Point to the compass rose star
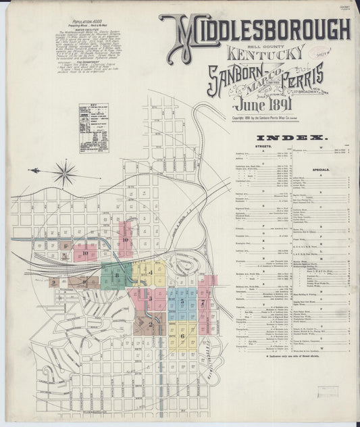tap(65, 173)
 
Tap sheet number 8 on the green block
tap(117, 274)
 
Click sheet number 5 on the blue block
tap(182, 295)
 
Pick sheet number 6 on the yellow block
tap(182, 334)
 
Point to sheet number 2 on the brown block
tap(151, 324)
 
